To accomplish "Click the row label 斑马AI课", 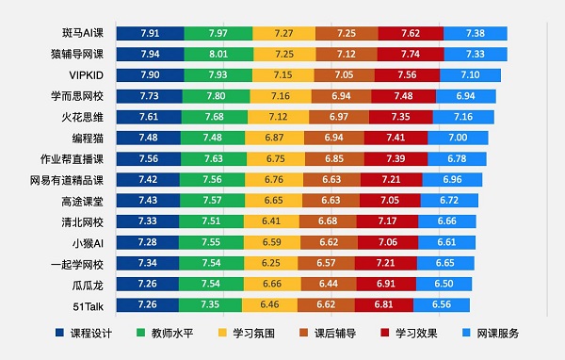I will tap(81, 33).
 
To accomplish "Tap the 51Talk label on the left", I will tap(89, 304).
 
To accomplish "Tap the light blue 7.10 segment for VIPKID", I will tap(471, 74).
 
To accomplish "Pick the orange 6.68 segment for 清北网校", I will tap(327, 221).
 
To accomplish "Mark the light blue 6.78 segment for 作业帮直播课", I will tap(456, 158).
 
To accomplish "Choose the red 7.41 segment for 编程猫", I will tap(400, 138).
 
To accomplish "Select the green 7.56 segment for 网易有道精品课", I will tap(212, 179).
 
